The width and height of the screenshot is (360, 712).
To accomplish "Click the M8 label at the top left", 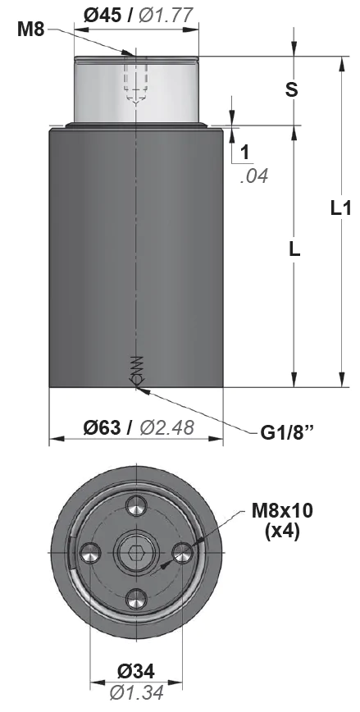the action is pos(31,30).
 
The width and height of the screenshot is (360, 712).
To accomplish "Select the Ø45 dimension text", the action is pos(103,16).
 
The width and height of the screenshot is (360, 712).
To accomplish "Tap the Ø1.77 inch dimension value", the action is pos(166,16).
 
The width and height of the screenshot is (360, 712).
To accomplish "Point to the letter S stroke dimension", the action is pos(291,89).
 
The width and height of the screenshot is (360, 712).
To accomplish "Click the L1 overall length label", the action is pos(340,208).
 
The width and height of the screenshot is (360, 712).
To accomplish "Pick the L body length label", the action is pos(294,249).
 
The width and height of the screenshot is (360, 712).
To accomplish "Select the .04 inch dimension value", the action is pos(253,176).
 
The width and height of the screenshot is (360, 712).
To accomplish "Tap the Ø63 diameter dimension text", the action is pos(103,427).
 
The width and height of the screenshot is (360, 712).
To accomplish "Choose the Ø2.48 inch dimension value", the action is pos(167,427).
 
